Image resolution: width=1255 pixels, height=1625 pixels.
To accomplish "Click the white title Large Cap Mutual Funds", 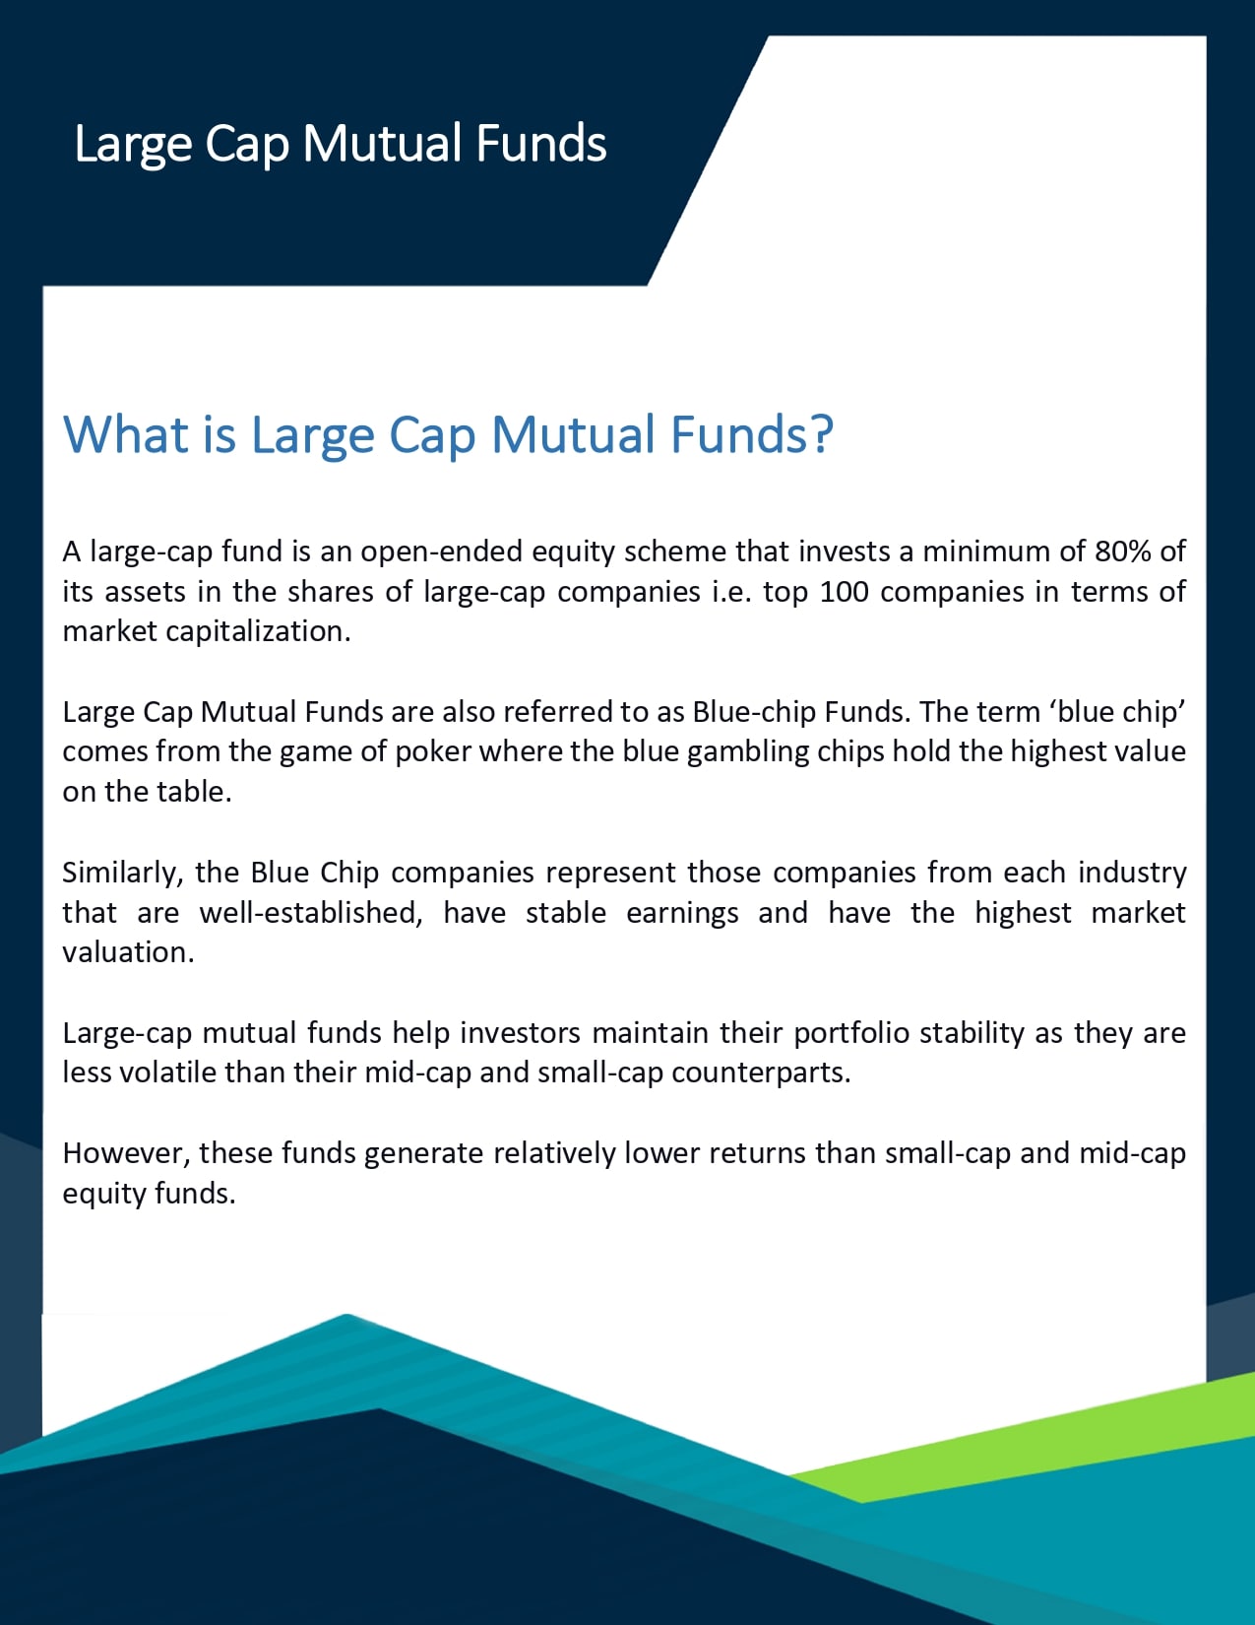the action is tap(341, 144).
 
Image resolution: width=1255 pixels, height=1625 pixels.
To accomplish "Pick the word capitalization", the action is tap(258, 632).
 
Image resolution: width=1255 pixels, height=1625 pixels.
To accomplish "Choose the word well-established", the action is tap(311, 913).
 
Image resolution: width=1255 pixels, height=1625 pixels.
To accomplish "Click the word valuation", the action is tap(128, 952).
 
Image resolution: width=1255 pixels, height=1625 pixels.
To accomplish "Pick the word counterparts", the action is tap(761, 1073).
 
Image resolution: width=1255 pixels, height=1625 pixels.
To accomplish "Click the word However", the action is tap(126, 1154).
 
